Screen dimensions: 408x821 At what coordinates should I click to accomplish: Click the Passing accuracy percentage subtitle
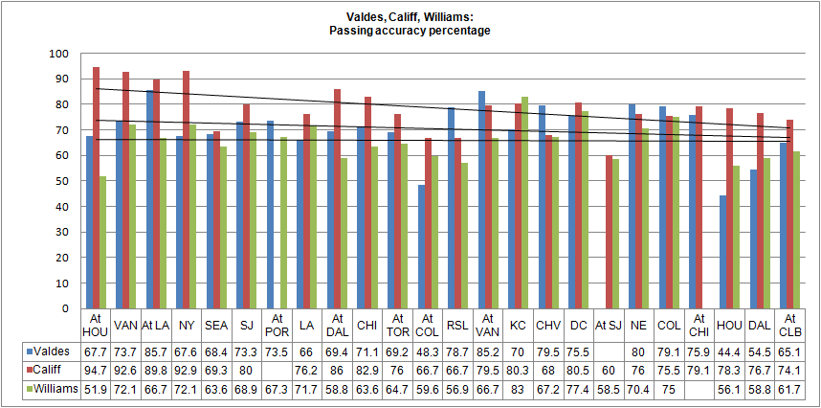[x=410, y=31]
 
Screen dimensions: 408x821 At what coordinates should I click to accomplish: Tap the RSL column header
[x=456, y=326]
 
